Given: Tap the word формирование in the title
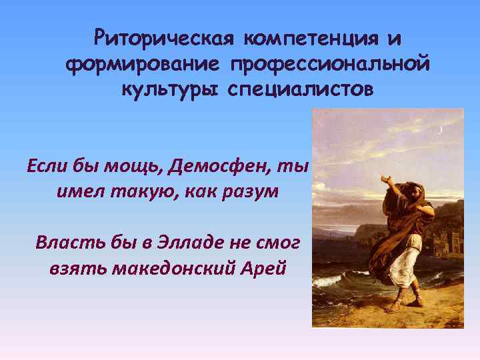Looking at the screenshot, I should pos(143,65).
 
